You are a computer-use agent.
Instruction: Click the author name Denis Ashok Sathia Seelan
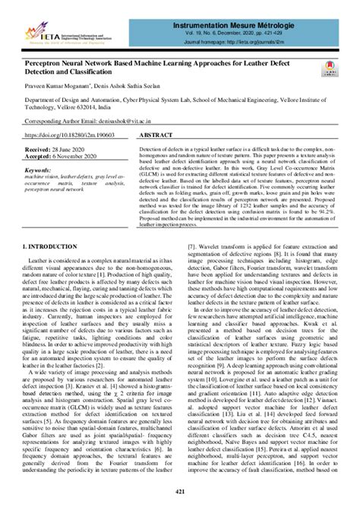[151, 87]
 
